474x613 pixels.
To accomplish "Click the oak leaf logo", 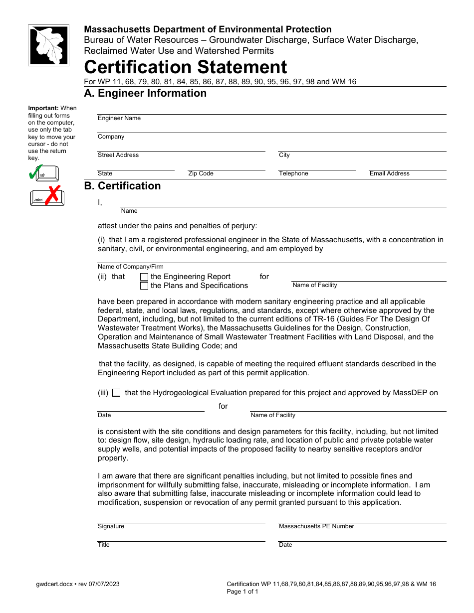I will click(48, 45).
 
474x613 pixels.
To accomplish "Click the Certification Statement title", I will click(186, 67).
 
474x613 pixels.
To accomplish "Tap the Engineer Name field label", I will click(119, 118).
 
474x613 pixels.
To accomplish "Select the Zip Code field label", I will click(201, 173).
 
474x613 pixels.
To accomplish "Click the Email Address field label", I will click(389, 173).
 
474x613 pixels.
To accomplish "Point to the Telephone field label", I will click(293, 173).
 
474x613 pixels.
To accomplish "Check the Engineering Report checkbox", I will click(144, 277).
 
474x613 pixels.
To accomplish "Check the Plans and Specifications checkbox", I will click(144, 286).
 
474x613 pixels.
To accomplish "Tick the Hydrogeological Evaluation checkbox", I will click(116, 393).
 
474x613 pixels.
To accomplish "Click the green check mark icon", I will click(34, 172).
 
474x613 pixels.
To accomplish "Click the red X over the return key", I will click(52, 194).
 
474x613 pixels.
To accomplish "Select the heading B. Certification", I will click(122, 186).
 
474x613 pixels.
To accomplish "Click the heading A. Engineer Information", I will click(145, 93).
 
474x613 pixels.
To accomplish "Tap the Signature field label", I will click(111, 526).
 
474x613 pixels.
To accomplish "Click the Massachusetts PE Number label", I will click(316, 526).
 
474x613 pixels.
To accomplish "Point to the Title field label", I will click(103, 545).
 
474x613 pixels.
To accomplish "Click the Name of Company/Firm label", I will click(130, 267).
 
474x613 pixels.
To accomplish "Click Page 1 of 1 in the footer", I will click(242, 592).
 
